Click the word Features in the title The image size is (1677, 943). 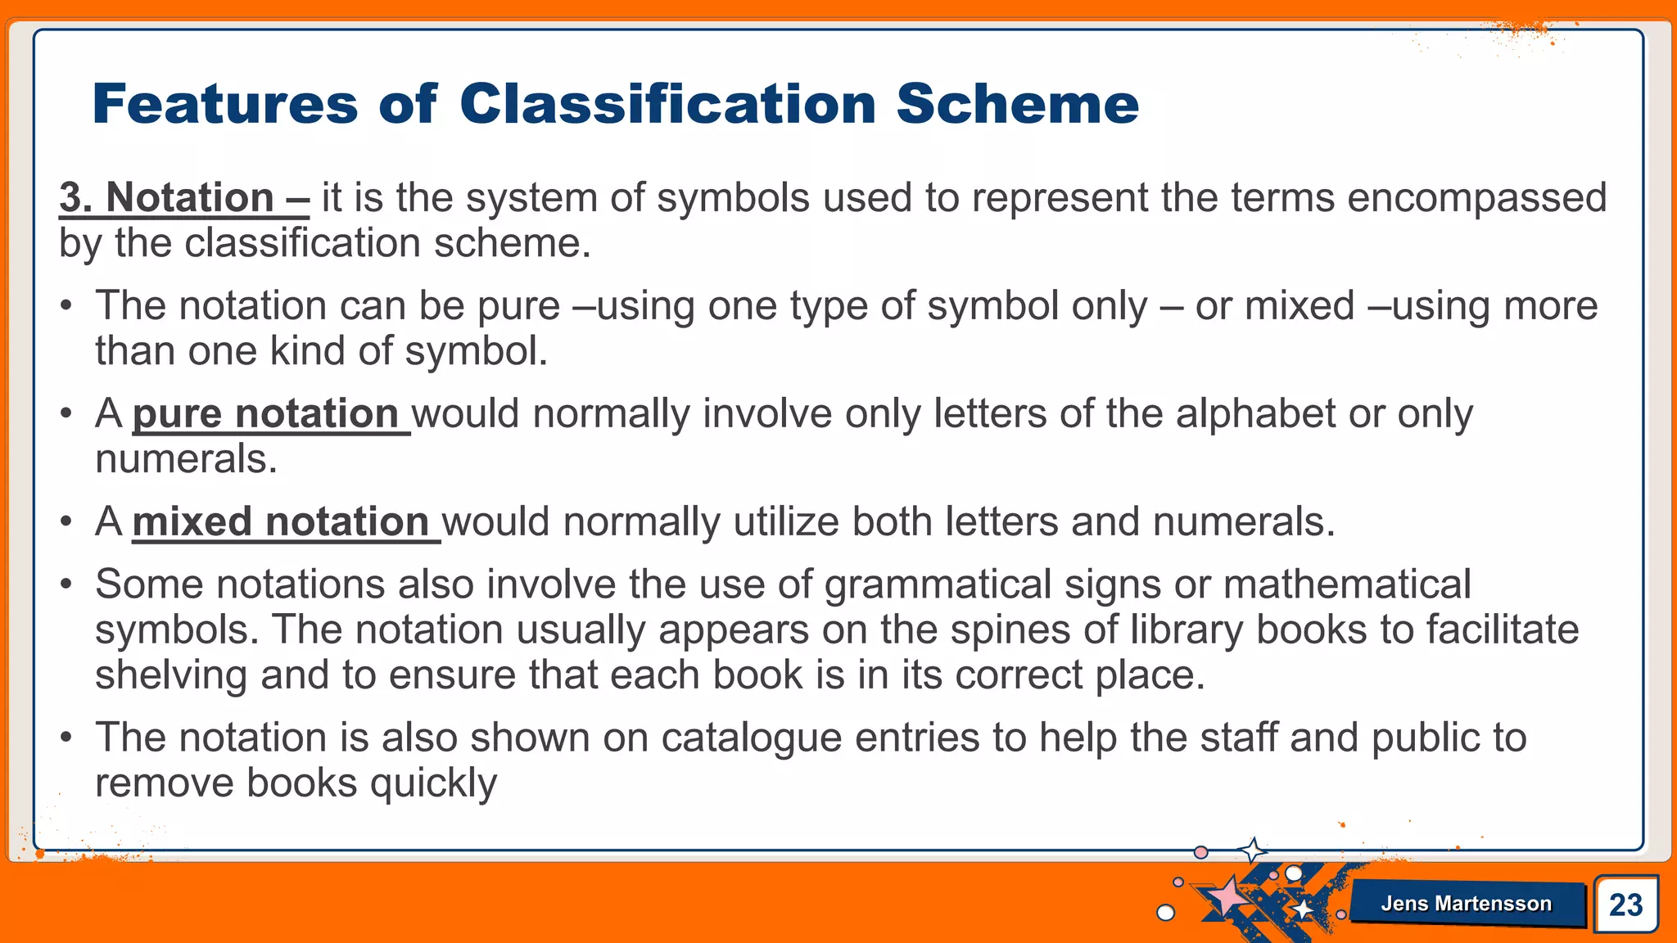pyautogui.click(x=225, y=104)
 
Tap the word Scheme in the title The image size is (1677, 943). pyautogui.click(x=1017, y=104)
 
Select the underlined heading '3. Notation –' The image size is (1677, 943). pyautogui.click(x=184, y=198)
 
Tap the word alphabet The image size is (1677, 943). pyautogui.click(x=1256, y=413)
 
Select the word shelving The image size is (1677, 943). pyautogui.click(x=171, y=676)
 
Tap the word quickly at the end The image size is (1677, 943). pyautogui.click(x=433, y=784)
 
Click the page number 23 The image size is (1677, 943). pyautogui.click(x=1625, y=905)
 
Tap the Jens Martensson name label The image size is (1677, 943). pyautogui.click(x=1466, y=904)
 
